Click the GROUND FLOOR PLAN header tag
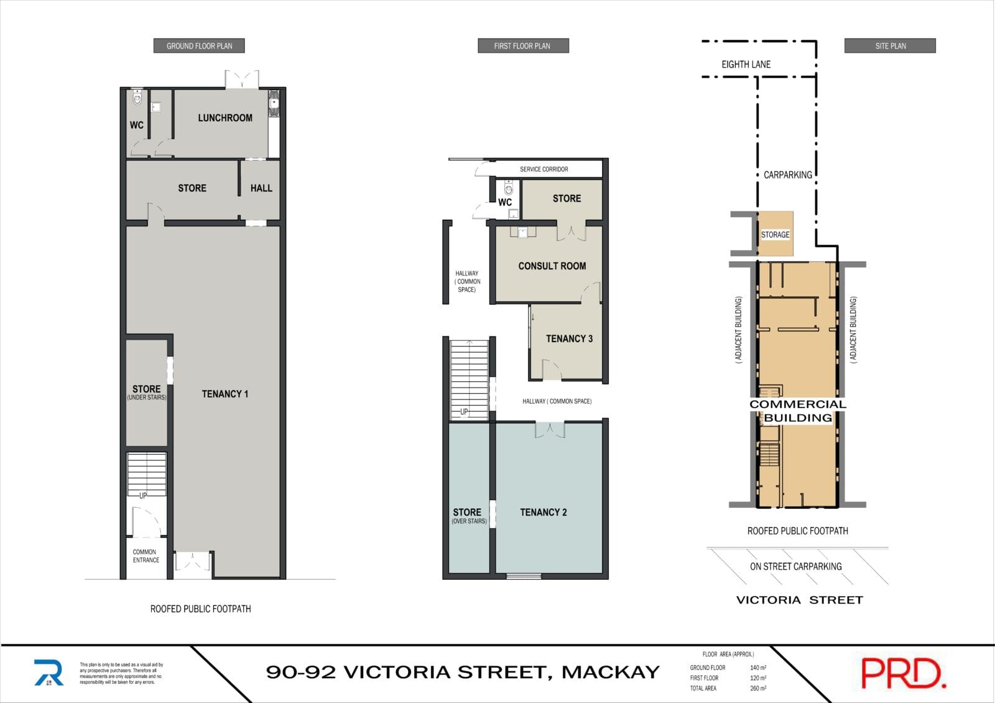(x=199, y=46)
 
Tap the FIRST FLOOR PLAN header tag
(x=523, y=46)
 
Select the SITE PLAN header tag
(x=890, y=46)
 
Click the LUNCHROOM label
(x=225, y=118)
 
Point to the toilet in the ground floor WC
(x=137, y=98)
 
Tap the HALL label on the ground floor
(x=261, y=188)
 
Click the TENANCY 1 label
(x=225, y=394)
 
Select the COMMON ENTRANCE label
(x=146, y=556)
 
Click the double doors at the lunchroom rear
(x=242, y=80)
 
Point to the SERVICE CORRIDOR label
(x=544, y=169)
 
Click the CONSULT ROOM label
(x=552, y=266)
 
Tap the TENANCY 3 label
(x=569, y=338)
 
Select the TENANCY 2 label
(x=544, y=513)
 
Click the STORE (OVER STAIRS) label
(x=469, y=516)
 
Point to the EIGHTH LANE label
(x=746, y=65)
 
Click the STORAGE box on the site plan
(x=775, y=234)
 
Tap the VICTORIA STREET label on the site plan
(x=800, y=600)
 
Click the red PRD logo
(x=904, y=673)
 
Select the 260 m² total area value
(x=758, y=688)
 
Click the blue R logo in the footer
(x=49, y=673)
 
